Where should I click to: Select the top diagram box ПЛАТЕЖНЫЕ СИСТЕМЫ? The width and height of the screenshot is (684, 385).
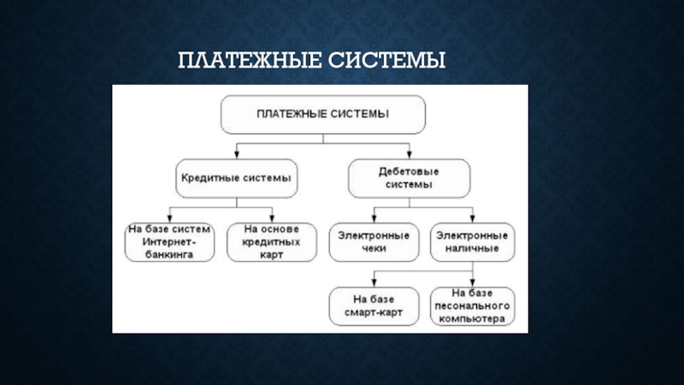(x=322, y=114)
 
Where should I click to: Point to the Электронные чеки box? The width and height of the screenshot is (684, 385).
(x=374, y=242)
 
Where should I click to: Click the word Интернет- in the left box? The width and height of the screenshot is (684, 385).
(x=168, y=242)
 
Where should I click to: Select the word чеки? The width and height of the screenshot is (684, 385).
(x=374, y=249)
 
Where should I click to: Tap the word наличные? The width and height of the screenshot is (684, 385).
(x=471, y=249)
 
